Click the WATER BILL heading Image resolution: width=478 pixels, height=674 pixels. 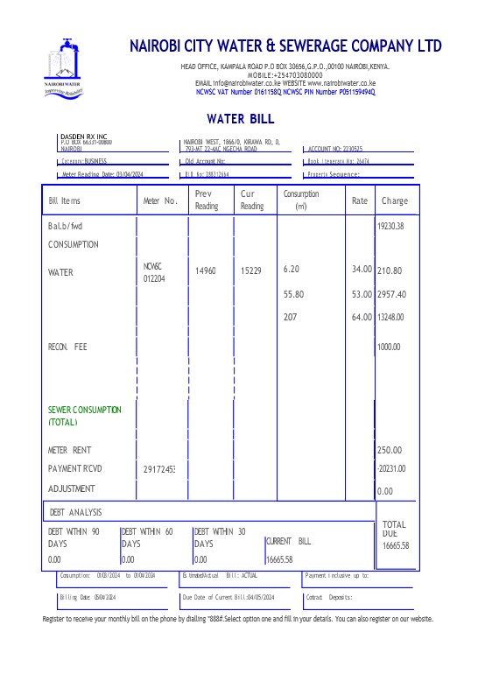coord(240,118)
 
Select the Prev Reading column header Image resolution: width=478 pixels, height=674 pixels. coord(207,200)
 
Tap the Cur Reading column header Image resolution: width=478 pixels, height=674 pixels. coord(252,200)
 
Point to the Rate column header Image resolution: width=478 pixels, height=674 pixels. coord(360,200)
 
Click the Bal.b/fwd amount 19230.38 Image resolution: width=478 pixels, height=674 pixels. coord(390,226)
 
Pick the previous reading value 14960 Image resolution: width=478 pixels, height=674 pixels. coord(206,271)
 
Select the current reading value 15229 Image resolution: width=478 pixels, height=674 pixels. coord(251,271)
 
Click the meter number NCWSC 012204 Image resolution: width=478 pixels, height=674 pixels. coord(153,271)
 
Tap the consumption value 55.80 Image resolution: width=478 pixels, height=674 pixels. coord(293,294)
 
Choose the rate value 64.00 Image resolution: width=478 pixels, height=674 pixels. coord(362,317)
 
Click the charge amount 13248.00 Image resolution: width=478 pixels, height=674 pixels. coord(390,317)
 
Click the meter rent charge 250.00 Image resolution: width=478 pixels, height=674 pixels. coord(389,450)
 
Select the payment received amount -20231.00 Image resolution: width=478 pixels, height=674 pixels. coord(390,468)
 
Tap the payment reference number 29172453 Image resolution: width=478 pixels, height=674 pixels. coord(159,470)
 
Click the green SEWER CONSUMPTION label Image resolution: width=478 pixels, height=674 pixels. coord(85,416)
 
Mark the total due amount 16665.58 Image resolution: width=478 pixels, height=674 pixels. coord(396,545)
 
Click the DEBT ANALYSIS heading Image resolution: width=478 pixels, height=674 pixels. coord(76,511)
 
